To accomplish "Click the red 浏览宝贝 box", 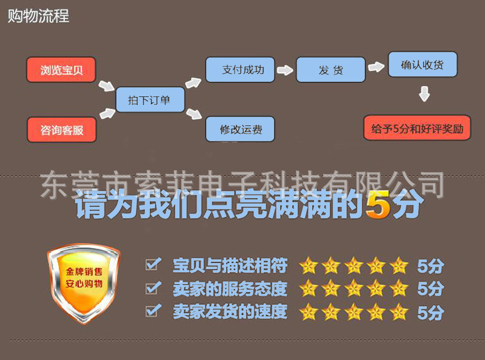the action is pyautogui.click(x=61, y=70).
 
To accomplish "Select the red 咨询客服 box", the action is pyautogui.click(x=61, y=130).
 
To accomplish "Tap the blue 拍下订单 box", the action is pyautogui.click(x=150, y=100).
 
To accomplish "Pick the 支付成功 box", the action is pyautogui.click(x=239, y=70).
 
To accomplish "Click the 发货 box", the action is pyautogui.click(x=330, y=70).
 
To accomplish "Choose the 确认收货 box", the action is pyautogui.click(x=422, y=64).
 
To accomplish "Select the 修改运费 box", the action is pyautogui.click(x=239, y=129).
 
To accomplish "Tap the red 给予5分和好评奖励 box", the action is pyautogui.click(x=416, y=128).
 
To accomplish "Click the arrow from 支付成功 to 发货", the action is pyautogui.click(x=285, y=70).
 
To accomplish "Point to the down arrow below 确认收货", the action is pyautogui.click(x=424, y=94).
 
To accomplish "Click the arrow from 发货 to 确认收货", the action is pyautogui.click(x=376, y=67).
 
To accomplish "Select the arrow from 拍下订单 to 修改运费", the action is pyautogui.click(x=193, y=113).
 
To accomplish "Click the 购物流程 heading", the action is pyautogui.click(x=38, y=16).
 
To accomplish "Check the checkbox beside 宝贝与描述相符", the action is pyautogui.click(x=153, y=264).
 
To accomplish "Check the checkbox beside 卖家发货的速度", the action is pyautogui.click(x=153, y=311).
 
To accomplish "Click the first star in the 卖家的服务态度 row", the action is pyautogui.click(x=309, y=288).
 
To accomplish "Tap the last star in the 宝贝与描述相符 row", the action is pyautogui.click(x=399, y=265).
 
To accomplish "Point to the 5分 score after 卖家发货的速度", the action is pyautogui.click(x=430, y=313).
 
